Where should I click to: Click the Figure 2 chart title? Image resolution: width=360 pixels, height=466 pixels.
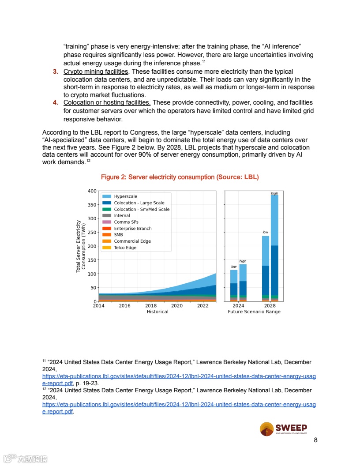coord(180,177)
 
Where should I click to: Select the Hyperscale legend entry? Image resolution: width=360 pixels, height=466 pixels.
coord(125,196)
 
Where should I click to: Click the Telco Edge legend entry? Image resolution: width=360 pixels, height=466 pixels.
coord(125,248)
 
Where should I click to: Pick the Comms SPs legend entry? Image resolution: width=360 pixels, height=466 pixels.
coord(126,222)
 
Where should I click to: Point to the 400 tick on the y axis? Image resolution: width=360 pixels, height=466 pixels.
coord(92,191)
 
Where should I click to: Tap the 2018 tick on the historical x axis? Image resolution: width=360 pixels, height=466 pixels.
coord(151,305)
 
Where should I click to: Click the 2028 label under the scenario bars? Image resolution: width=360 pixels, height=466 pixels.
coord(270,305)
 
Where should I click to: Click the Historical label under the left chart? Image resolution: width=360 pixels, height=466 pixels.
coord(157,312)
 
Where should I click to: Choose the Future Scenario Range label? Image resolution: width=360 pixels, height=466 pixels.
coord(254,312)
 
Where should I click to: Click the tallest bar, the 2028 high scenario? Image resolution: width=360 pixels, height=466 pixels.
coord(274,247)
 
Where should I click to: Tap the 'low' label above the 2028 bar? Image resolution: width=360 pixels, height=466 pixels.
coord(265,232)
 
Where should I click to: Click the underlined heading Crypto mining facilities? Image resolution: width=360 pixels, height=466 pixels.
coord(96,71)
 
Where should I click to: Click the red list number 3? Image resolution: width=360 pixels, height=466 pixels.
coord(56,71)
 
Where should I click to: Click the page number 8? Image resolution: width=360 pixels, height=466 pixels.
coord(315,440)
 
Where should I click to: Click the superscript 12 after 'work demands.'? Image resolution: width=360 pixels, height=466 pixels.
coord(88,161)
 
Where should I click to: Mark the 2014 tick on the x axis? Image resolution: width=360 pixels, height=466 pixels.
coord(99,305)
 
